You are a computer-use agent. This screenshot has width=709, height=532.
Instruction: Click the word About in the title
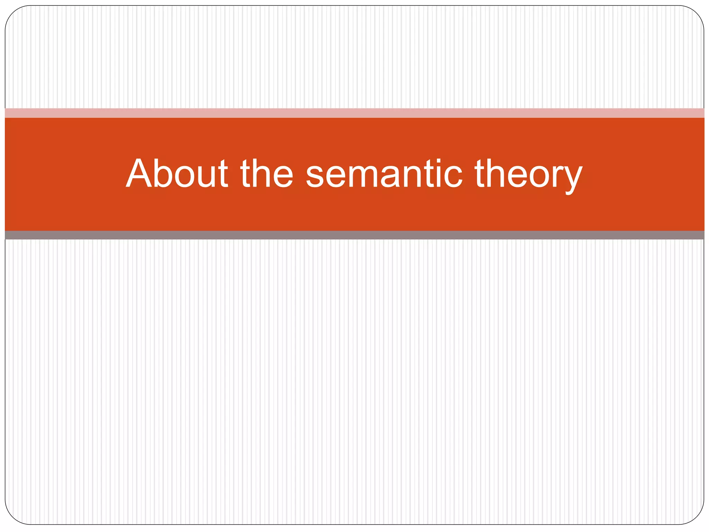pos(177,173)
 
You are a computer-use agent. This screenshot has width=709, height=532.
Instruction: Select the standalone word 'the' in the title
pos(267,173)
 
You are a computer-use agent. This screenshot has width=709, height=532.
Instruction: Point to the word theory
pos(528,175)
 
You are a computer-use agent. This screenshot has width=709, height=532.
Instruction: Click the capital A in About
pos(139,173)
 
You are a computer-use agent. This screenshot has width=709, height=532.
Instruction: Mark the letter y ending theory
pos(571,178)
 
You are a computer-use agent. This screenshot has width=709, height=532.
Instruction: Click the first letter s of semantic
pos(315,177)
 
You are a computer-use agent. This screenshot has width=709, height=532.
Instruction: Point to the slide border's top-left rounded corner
pos(12,12)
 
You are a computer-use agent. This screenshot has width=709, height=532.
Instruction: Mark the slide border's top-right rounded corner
pos(697,12)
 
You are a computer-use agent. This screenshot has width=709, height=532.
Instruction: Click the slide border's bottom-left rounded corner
pos(12,517)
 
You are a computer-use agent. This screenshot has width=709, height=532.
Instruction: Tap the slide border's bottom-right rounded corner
pos(697,517)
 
